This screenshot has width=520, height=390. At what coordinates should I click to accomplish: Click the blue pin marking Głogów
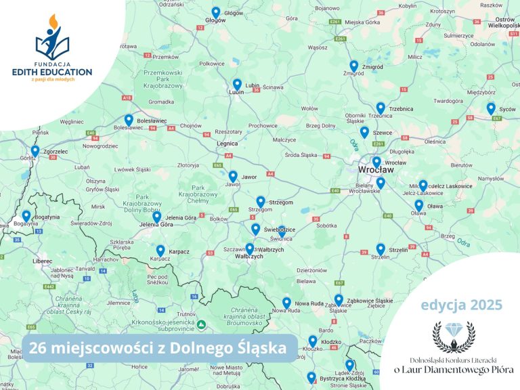click(216, 12)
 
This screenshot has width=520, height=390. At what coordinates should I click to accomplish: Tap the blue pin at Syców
click(491, 108)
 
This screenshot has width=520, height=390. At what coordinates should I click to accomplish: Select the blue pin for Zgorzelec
click(35, 150)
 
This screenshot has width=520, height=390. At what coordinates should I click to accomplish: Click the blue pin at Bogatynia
click(26, 216)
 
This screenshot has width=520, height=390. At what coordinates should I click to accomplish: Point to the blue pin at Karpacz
click(160, 251)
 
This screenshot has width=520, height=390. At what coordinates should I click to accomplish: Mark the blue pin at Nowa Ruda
click(286, 303)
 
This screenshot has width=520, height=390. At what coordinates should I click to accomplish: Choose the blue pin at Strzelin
click(381, 248)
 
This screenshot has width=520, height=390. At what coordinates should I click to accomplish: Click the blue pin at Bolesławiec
click(129, 120)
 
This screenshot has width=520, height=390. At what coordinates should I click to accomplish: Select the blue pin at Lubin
click(237, 84)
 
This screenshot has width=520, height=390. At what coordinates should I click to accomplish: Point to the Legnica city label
click(226, 144)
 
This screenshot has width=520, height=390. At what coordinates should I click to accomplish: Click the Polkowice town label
click(211, 63)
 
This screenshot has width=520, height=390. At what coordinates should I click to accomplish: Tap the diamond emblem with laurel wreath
click(454, 335)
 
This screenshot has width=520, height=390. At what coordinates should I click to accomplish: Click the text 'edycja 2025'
click(461, 305)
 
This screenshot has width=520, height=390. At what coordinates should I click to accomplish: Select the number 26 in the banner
click(38, 349)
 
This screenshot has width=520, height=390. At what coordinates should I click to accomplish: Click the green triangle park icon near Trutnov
click(201, 324)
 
